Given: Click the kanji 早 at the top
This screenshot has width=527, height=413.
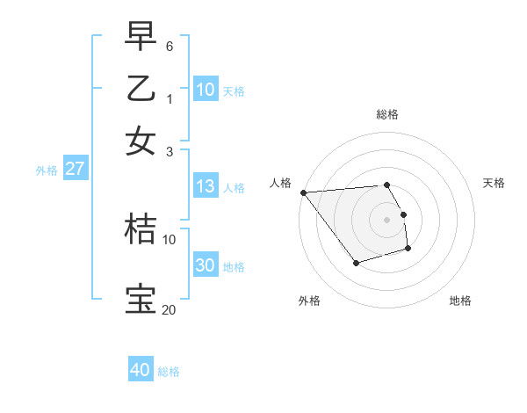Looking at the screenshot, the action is click(x=141, y=36).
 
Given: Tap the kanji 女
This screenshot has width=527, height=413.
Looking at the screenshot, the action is click(x=141, y=141).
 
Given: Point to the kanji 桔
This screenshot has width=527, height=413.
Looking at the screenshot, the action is click(x=141, y=229).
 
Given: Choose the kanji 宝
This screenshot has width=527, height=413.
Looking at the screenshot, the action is click(x=141, y=300).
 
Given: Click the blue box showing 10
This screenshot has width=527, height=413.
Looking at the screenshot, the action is click(x=206, y=90).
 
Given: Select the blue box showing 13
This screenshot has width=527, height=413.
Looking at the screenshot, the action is click(x=206, y=186).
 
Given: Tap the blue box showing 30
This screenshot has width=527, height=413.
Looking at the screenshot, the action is click(x=206, y=265).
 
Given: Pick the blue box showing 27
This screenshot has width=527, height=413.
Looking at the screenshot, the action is click(x=75, y=169).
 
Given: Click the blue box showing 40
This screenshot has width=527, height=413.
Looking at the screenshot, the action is click(x=141, y=370).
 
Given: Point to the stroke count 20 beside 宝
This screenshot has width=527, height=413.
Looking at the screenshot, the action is click(x=169, y=309).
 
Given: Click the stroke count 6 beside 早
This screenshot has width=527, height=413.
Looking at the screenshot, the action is click(x=170, y=45).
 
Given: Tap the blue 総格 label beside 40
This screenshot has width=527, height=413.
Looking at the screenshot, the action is click(x=170, y=372).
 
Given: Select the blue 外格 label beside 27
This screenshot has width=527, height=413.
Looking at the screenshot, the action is click(x=47, y=170).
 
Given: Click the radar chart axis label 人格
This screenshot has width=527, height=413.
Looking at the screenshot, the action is click(x=281, y=183).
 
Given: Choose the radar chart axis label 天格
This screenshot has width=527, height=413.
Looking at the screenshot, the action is click(x=495, y=183).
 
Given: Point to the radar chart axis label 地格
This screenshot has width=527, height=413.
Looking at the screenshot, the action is click(x=460, y=301).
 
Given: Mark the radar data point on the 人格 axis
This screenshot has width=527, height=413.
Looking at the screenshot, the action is click(x=303, y=192).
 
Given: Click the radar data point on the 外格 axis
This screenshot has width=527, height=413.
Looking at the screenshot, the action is click(x=356, y=263).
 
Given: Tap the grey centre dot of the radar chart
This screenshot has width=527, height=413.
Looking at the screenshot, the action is click(x=387, y=219).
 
